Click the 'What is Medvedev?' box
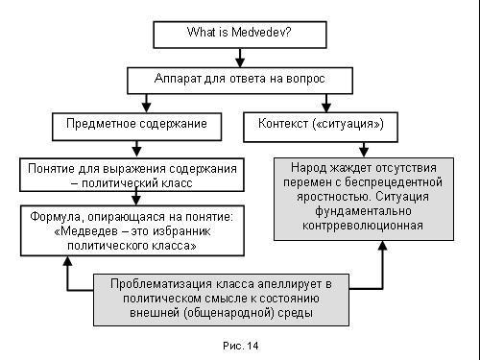click(x=239, y=32)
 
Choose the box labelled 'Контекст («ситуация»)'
click(x=321, y=125)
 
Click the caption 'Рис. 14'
click(x=239, y=344)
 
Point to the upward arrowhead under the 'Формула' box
click(x=66, y=263)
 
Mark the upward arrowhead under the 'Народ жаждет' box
click(x=381, y=247)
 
